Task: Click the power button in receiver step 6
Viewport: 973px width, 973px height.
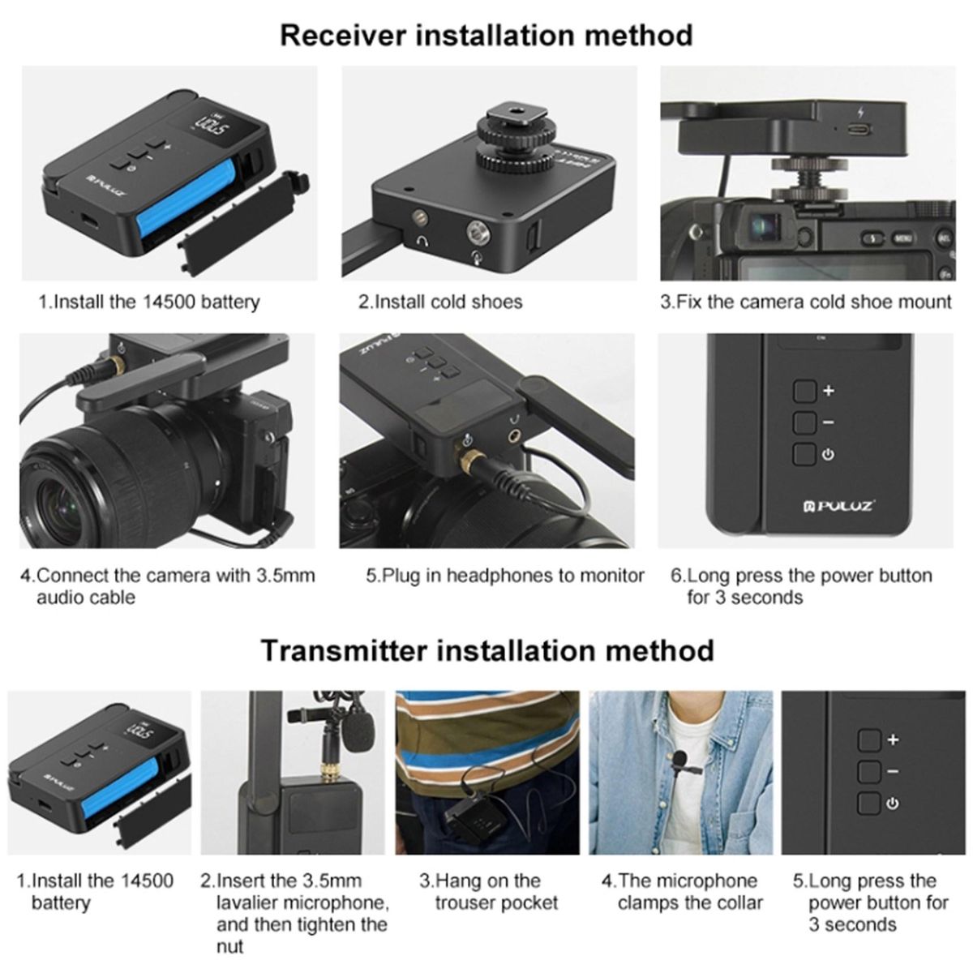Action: click(x=804, y=454)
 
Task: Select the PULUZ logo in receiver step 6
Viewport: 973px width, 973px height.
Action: click(x=839, y=505)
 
